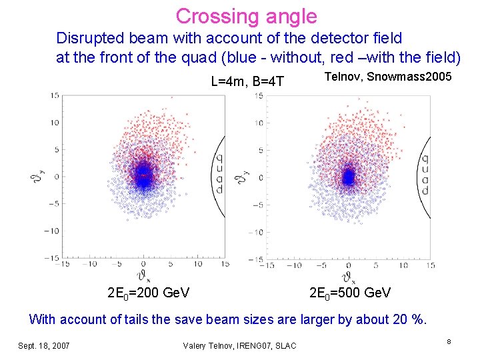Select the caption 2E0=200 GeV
[148, 293]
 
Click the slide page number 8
[449, 342]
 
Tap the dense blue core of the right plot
[348, 177]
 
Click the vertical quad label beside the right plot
[425, 175]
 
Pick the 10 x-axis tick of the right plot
[403, 265]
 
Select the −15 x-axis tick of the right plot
[268, 265]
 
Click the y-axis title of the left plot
[37, 176]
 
